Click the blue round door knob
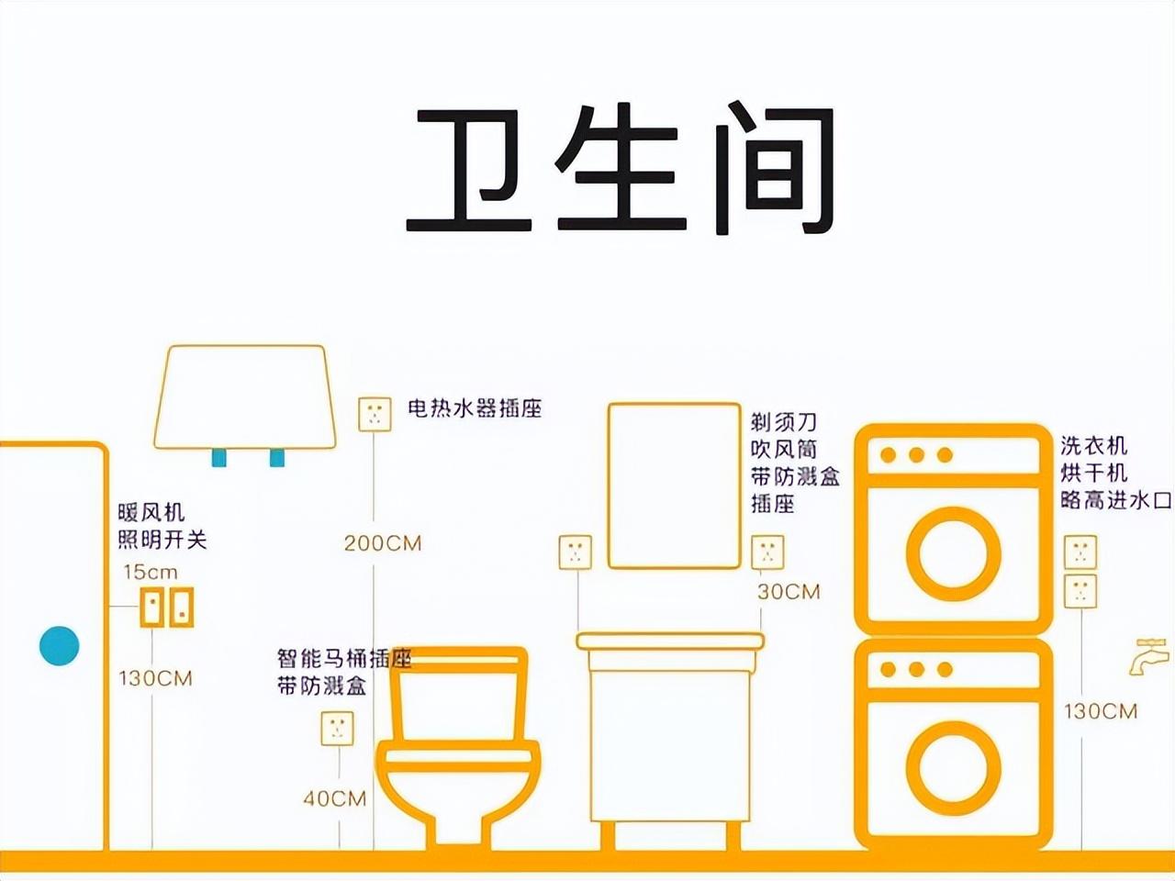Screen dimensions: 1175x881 [60, 646]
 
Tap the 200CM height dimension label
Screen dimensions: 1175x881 [383, 543]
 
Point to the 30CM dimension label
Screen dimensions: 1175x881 [789, 592]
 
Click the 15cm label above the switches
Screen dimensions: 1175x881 [151, 573]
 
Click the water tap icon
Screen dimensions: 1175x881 [1148, 656]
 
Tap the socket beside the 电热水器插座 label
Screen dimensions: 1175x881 [375, 414]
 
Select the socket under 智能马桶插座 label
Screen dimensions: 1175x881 [337, 728]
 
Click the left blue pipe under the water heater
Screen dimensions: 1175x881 [219, 458]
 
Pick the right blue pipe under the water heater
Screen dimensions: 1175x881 [276, 458]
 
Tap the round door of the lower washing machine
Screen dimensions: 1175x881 [954, 766]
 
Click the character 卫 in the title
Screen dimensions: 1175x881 [469, 170]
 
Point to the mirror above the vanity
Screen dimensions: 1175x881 [675, 485]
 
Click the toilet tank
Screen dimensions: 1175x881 [458, 695]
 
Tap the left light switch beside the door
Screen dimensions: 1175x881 [152, 608]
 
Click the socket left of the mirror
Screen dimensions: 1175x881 [576, 552]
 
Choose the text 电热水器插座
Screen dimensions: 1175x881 [475, 408]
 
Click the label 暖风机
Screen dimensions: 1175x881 [151, 512]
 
